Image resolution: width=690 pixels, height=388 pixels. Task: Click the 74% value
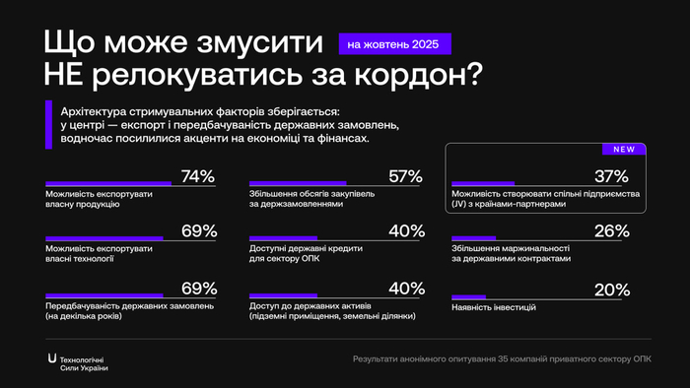coord(198,176)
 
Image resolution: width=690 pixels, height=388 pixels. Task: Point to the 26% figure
coord(611,232)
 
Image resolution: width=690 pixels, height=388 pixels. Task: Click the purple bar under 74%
coord(108,183)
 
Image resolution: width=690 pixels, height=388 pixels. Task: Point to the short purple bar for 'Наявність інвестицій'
coord(468,296)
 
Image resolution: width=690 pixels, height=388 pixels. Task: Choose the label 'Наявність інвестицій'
coord(494,307)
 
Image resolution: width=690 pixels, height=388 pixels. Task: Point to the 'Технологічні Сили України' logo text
coord(85,362)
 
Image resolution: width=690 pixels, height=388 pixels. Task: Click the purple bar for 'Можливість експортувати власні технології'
coord(104,239)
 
